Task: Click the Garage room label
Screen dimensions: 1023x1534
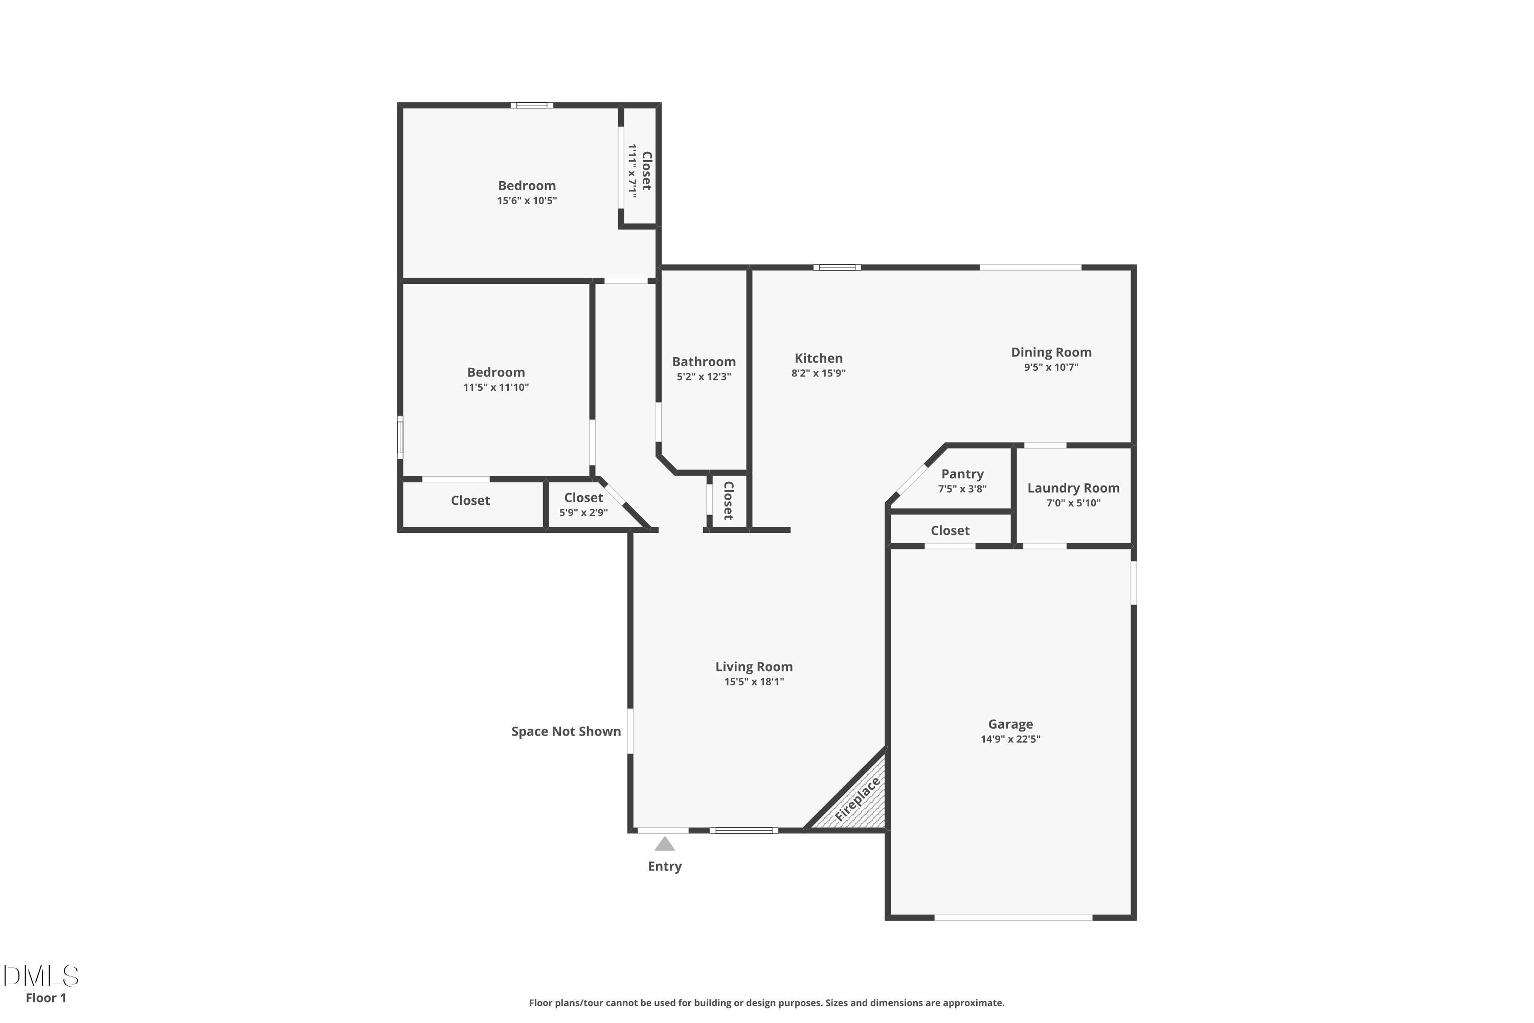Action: [x=1010, y=724]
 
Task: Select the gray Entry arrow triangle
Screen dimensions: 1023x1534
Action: [x=665, y=844]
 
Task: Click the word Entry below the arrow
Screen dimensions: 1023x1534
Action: [x=665, y=866]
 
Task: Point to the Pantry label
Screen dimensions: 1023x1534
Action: [x=962, y=474]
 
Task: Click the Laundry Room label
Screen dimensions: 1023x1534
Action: [x=1073, y=488]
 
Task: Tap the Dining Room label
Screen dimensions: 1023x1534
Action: [x=1051, y=352]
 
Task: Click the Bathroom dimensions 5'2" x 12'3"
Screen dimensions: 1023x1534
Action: [x=704, y=376]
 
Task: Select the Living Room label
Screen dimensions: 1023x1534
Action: [x=754, y=667]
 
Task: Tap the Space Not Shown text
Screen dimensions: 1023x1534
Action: [x=566, y=731]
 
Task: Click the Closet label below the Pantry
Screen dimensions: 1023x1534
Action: [x=950, y=531]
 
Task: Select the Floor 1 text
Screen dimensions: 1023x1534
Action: [x=46, y=997]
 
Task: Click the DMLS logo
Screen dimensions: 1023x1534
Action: [x=41, y=976]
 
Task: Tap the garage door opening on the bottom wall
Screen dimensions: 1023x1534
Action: [x=1013, y=917]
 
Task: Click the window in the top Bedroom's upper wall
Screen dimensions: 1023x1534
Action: [x=532, y=105]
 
